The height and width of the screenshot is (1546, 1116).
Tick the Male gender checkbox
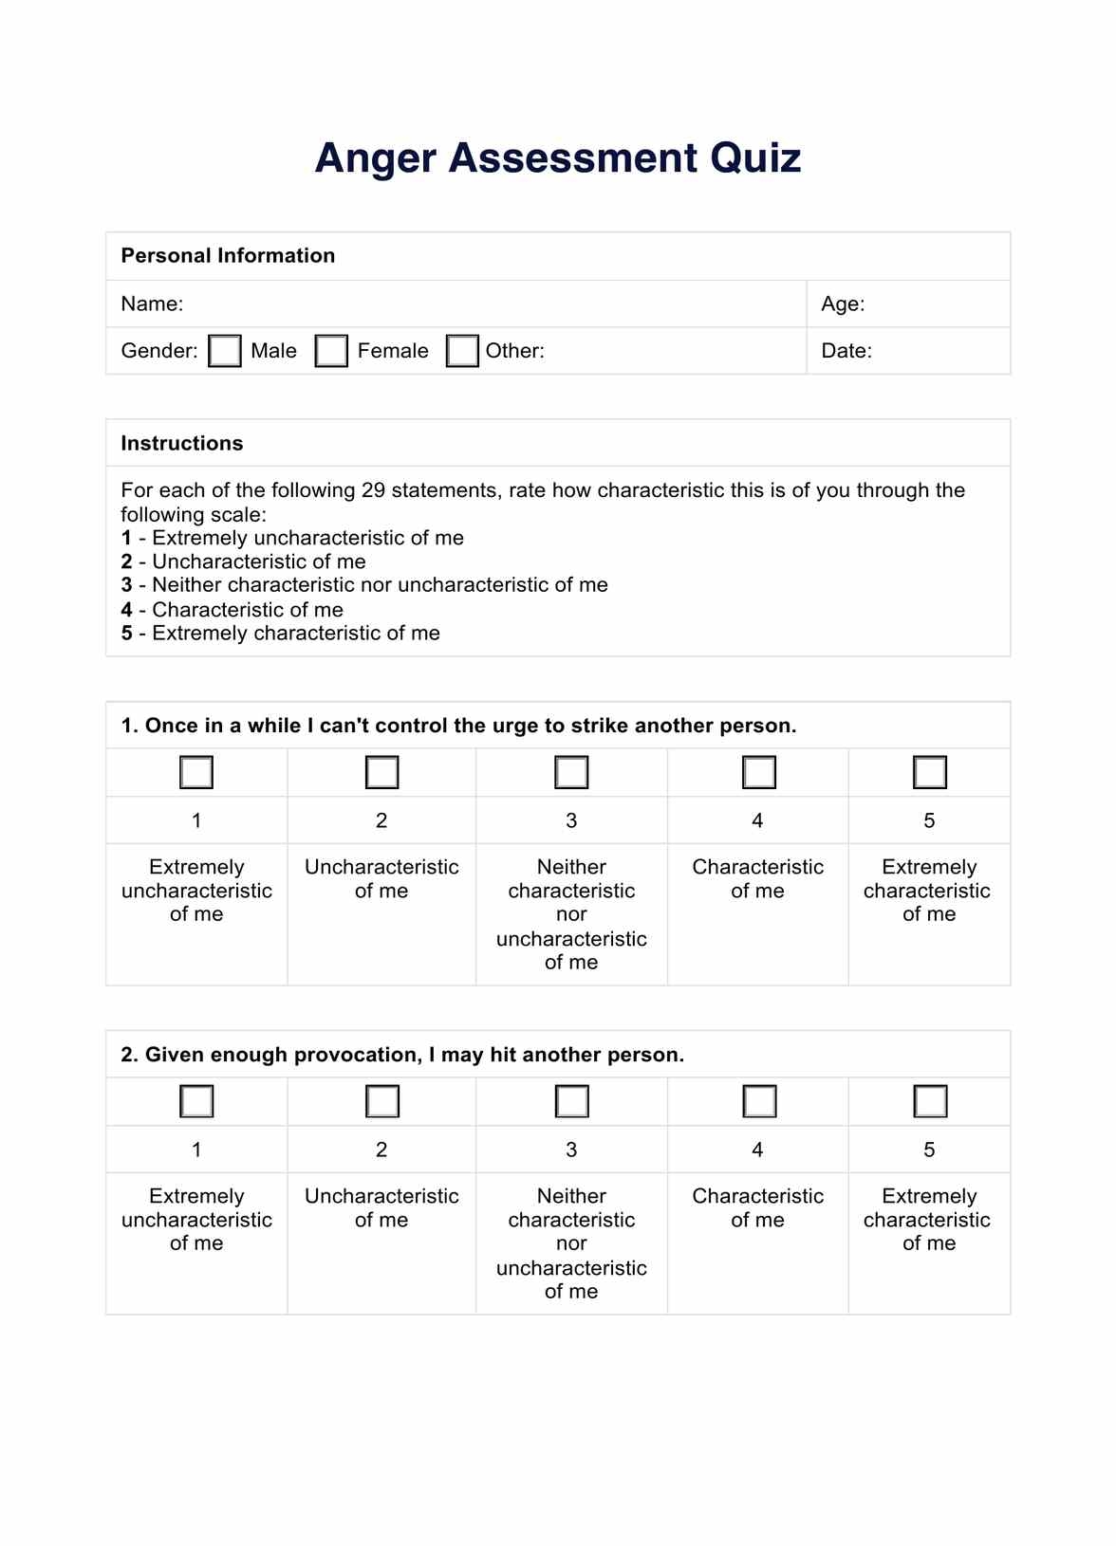(x=225, y=351)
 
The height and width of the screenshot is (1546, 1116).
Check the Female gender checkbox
(x=331, y=351)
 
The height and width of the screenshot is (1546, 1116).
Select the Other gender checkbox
(x=462, y=351)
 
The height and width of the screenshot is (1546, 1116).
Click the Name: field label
(x=152, y=304)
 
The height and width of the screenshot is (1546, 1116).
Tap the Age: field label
(x=843, y=304)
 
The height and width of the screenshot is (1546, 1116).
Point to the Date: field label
(x=846, y=351)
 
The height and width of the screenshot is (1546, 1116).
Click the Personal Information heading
(x=228, y=256)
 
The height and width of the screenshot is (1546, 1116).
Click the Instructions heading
(x=181, y=444)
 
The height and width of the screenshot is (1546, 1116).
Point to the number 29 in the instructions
(x=373, y=490)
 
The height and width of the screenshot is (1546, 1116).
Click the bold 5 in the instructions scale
(x=126, y=634)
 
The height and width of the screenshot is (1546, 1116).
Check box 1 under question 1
(x=196, y=772)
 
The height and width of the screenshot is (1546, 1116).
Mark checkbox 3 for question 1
(x=571, y=772)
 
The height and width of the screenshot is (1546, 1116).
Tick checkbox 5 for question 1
(x=930, y=772)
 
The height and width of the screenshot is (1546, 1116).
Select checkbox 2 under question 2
(x=382, y=1101)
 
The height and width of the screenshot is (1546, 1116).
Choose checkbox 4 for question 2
(x=759, y=1101)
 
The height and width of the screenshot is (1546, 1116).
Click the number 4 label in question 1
(x=757, y=820)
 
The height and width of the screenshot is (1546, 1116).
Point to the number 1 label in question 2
(x=196, y=1150)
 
